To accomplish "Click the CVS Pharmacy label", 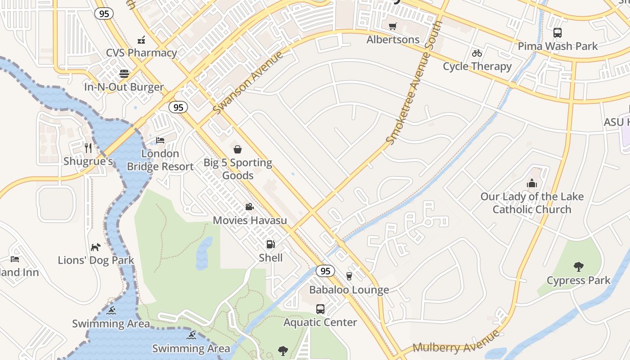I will coord(141,53).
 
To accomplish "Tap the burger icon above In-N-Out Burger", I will coord(124,74).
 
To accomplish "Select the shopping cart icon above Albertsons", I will coord(393,27).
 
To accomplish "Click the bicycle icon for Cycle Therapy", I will coord(477,53).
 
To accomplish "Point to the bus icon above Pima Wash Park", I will coord(558,33).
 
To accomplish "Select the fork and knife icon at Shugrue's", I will coord(88,148).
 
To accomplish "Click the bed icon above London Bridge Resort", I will coord(160,140).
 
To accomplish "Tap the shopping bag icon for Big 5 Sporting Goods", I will coord(238,149).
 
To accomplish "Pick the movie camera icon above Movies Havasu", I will coord(249,207).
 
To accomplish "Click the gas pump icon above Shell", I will coord(270,244).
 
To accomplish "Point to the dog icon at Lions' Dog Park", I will coord(96,247).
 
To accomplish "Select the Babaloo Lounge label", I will coord(349,290).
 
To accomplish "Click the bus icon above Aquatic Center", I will coord(320,309).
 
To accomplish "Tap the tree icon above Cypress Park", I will coord(579,267).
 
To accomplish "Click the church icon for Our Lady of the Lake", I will coord(532,183).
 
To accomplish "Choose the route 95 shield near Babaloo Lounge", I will coord(325,271).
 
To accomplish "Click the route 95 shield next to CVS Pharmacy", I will coord(104,14).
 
